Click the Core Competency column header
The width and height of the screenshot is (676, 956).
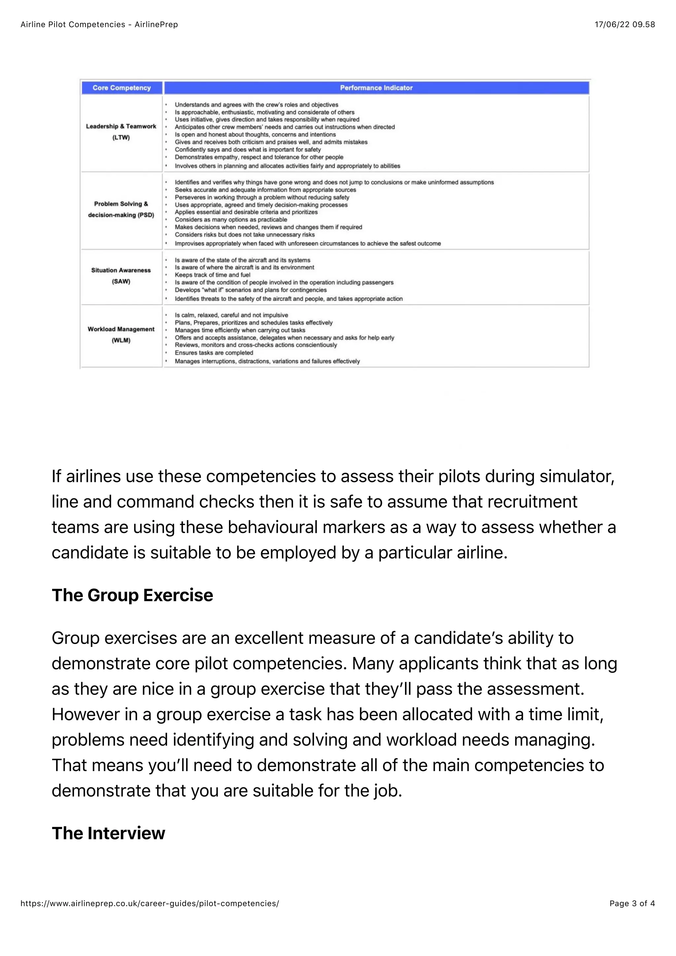121,88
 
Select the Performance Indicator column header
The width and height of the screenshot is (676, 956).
376,88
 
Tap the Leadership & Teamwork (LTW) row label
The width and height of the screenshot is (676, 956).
121,132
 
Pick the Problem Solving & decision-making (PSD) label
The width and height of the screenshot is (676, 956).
121,209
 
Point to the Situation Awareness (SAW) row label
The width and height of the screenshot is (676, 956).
121,276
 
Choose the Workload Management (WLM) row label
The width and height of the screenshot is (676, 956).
121,334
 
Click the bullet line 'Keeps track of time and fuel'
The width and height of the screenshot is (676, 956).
212,275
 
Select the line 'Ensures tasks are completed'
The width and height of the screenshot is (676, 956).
214,353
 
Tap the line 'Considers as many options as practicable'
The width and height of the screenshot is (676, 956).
231,220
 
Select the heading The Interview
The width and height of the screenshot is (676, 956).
108,833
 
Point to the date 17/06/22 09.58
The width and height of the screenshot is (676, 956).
625,24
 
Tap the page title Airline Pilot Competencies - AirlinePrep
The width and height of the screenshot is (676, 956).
99,24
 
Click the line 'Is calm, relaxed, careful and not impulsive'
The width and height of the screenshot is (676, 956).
231,315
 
